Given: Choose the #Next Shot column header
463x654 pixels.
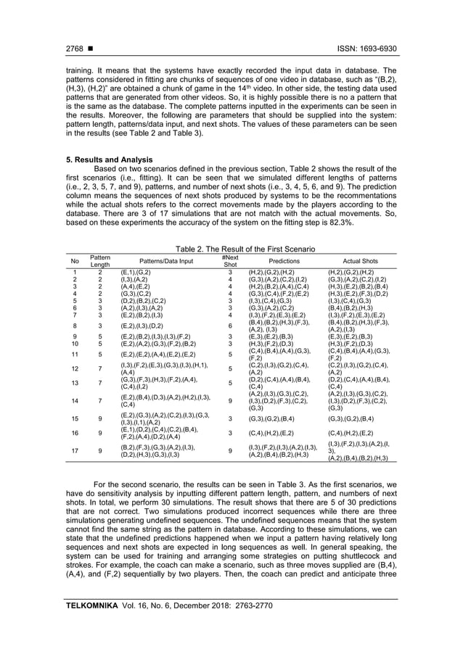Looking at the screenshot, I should point(229,261).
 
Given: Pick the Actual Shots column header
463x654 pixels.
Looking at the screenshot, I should point(360,261).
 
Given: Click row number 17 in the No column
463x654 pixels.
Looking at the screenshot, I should point(75,450).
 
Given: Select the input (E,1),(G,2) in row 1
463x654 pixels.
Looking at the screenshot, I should point(136,272).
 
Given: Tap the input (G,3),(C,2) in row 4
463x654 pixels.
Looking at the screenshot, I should point(136,294).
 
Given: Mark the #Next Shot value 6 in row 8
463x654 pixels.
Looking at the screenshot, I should point(229,326).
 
